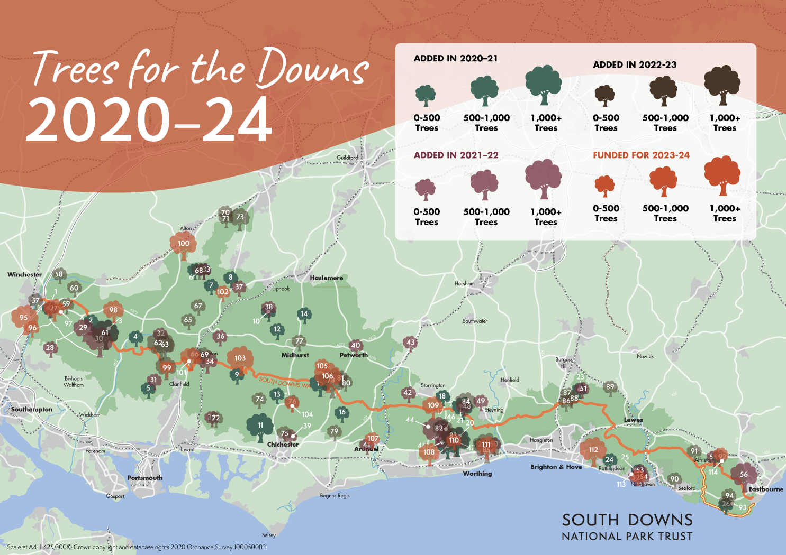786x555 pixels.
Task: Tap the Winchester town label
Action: pyautogui.click(x=24, y=274)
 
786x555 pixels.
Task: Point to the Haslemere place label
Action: pyautogui.click(x=326, y=277)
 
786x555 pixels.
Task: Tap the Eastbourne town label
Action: pyautogui.click(x=765, y=489)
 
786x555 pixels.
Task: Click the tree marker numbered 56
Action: pyautogui.click(x=744, y=475)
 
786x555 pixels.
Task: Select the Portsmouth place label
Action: pyautogui.click(x=144, y=478)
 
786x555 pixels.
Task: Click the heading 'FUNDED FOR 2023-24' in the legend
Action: pyautogui.click(x=641, y=155)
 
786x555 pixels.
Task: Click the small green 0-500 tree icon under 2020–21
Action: pyautogui.click(x=426, y=96)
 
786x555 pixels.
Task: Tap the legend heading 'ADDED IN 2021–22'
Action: pyautogui.click(x=456, y=155)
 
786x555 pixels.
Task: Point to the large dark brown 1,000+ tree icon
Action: pyautogui.click(x=722, y=85)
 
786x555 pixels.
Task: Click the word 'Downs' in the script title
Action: pyautogui.click(x=312, y=69)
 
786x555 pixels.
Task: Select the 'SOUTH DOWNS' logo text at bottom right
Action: pyautogui.click(x=627, y=520)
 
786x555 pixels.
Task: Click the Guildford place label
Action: pyautogui.click(x=347, y=158)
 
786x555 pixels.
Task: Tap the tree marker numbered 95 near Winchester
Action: pyautogui.click(x=24, y=318)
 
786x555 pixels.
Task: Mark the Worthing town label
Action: pyautogui.click(x=477, y=474)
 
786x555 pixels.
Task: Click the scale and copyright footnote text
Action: pyautogui.click(x=137, y=547)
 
